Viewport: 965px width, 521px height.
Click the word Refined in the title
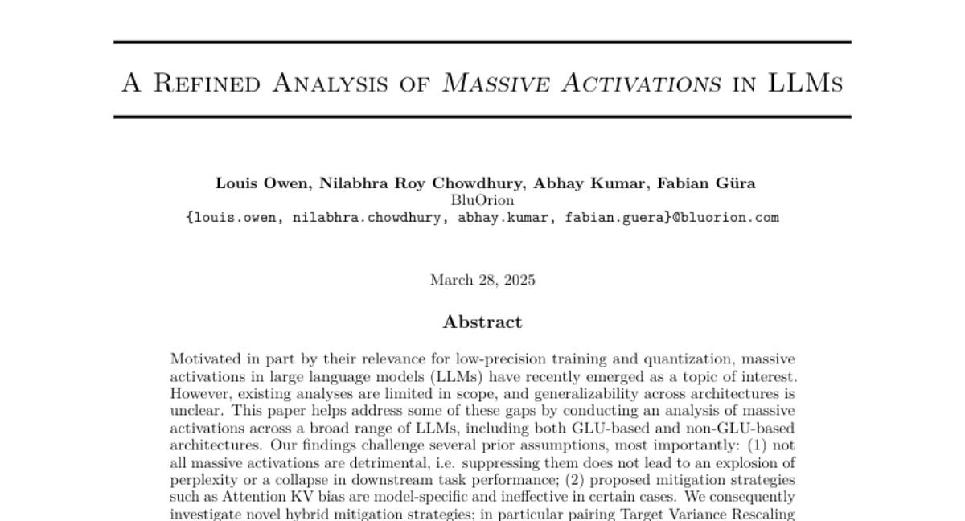point(204,82)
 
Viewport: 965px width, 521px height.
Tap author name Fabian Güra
point(706,183)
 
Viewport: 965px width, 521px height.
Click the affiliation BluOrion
point(482,200)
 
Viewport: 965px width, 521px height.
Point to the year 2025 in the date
point(519,281)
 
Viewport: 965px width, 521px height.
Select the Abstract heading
point(482,322)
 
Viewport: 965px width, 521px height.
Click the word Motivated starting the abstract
point(205,359)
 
